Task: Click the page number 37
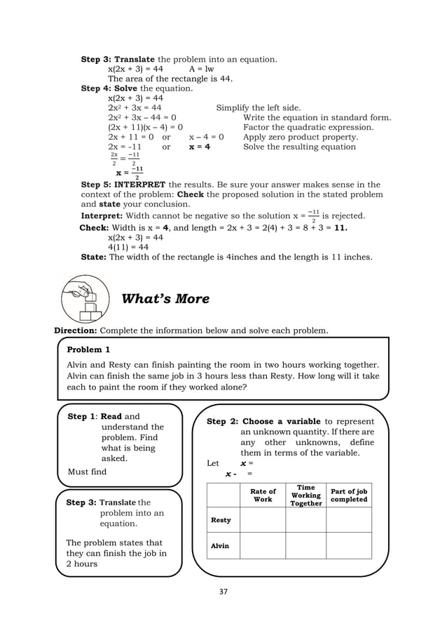point(224,592)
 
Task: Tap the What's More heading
point(165,299)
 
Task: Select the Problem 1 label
point(88,349)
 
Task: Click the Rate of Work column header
point(263,495)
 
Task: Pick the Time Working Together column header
point(305,495)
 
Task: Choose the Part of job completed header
point(348,495)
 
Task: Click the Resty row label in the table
point(221,520)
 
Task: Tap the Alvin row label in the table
point(220,545)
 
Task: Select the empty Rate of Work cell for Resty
point(263,520)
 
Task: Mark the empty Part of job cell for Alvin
point(348,545)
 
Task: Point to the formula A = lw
point(201,69)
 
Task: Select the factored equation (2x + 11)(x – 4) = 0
point(146,128)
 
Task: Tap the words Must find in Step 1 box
point(87,472)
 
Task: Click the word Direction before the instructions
point(76,330)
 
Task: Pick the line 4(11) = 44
point(128,247)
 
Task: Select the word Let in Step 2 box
point(213,463)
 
